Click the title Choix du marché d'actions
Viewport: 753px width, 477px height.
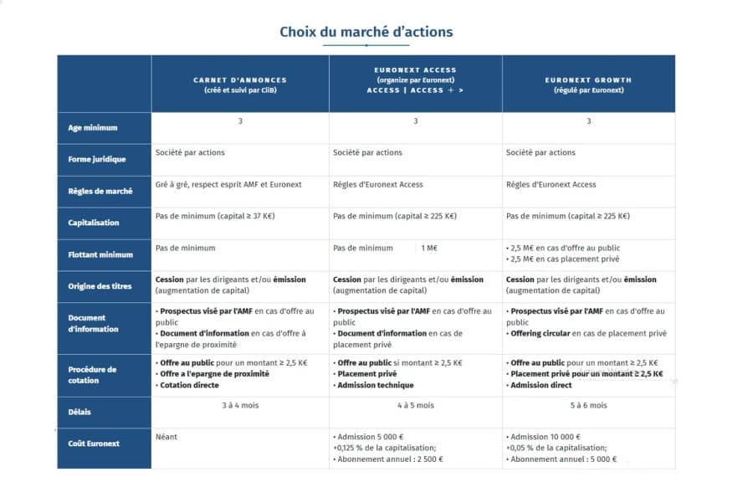366,32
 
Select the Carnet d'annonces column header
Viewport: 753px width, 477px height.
239,85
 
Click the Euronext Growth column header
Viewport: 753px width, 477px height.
588,85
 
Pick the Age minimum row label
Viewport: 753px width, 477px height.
92,128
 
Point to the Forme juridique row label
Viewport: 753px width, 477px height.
97,159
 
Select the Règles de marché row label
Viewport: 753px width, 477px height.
100,191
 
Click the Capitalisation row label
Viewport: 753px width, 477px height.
94,223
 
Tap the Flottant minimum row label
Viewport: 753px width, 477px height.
100,254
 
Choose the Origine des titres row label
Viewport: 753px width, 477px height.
100,286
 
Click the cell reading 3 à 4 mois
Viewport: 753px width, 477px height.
239,406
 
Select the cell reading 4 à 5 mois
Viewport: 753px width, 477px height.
415,406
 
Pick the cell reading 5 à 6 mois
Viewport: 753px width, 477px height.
588,406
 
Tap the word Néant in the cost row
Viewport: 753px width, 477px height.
166,437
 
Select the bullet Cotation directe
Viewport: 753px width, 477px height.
190,385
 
